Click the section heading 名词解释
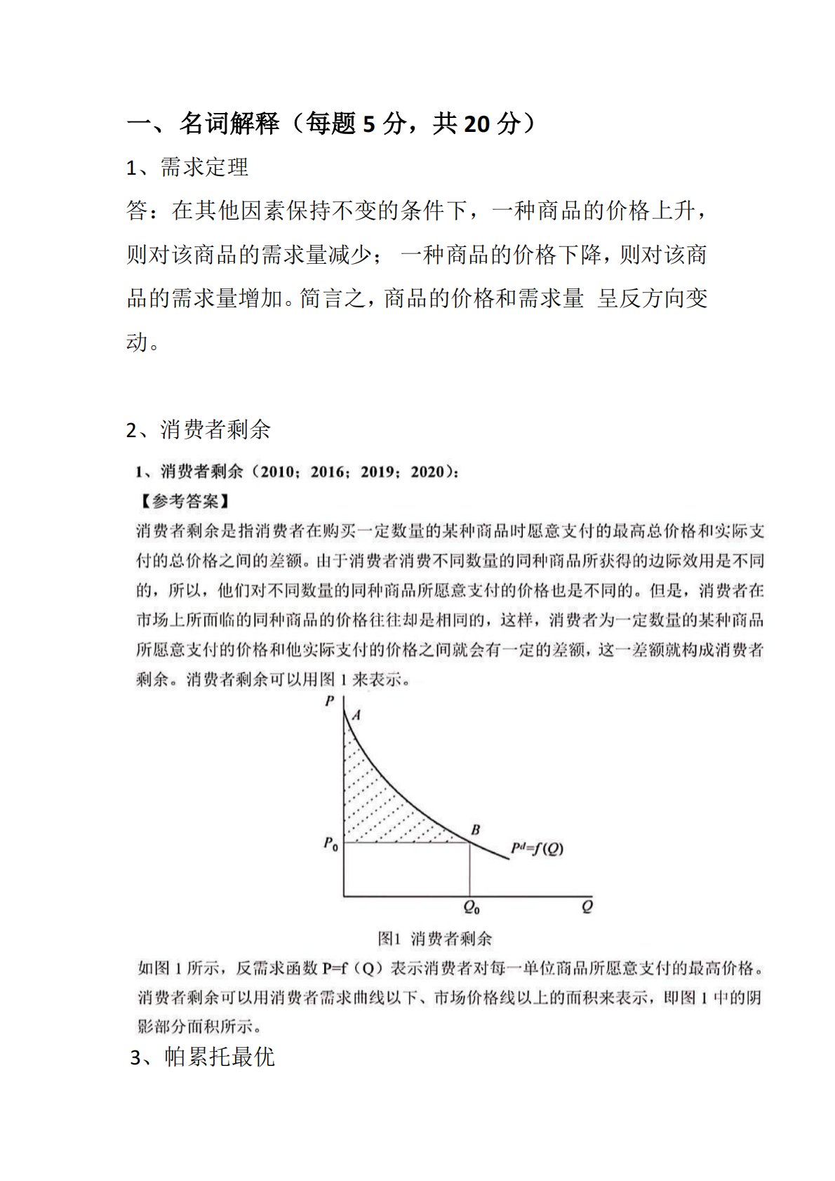pyautogui.click(x=229, y=124)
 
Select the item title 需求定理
pyautogui.click(x=204, y=167)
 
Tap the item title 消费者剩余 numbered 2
pyautogui.click(x=215, y=429)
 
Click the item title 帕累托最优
pyautogui.click(x=219, y=1056)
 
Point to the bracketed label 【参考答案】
pyautogui.click(x=183, y=501)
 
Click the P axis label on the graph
pyautogui.click(x=330, y=700)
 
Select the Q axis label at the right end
pyautogui.click(x=587, y=906)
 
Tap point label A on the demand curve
pyautogui.click(x=356, y=715)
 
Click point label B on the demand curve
pyautogui.click(x=475, y=829)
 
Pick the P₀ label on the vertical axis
pyautogui.click(x=330, y=843)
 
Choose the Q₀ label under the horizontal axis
pyautogui.click(x=472, y=907)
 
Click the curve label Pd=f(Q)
pyautogui.click(x=537, y=848)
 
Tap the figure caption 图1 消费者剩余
pyautogui.click(x=435, y=938)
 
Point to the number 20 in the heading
pyautogui.click(x=477, y=124)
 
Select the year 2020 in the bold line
pyautogui.click(x=428, y=472)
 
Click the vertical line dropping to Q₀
pyautogui.click(x=469, y=870)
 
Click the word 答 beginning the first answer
pyautogui.click(x=137, y=210)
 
